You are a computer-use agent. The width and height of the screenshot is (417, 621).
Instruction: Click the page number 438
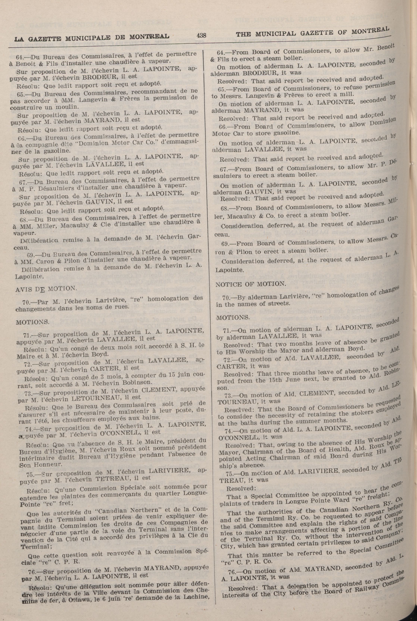[201, 35]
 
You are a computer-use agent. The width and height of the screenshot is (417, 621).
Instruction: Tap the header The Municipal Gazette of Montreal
[313, 32]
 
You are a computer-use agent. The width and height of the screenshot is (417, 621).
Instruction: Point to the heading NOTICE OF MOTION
[251, 284]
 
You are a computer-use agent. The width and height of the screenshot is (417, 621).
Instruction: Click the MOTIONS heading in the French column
[32, 322]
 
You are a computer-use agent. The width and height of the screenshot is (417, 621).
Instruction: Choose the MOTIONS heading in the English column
[233, 317]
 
